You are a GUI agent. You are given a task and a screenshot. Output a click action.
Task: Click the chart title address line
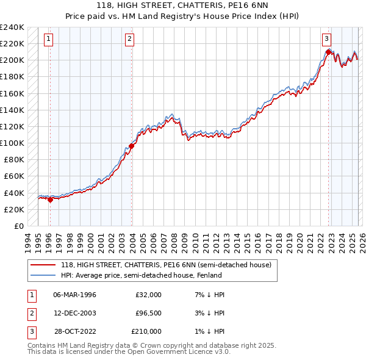click(183, 5)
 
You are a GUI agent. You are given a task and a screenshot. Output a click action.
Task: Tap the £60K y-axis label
click(14, 176)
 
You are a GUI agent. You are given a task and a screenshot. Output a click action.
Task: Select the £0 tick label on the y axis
click(19, 226)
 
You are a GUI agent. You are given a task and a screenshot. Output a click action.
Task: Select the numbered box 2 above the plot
click(130, 39)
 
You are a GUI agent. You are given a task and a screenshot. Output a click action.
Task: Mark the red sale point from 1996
click(50, 200)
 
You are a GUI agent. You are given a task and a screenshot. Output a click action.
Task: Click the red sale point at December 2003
click(131, 146)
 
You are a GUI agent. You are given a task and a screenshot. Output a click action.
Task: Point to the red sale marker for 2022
click(328, 52)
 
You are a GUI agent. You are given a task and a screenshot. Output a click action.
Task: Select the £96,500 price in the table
click(149, 313)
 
